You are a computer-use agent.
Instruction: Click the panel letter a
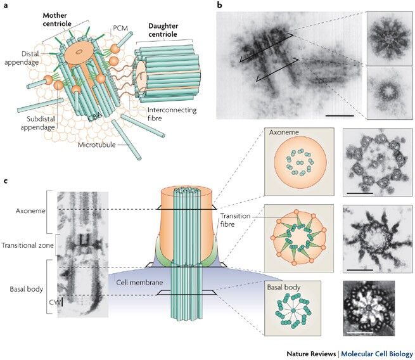pyautogui.click(x=6, y=7)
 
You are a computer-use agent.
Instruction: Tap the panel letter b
pyautogui.click(x=220, y=6)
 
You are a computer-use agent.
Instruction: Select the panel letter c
pyautogui.click(x=6, y=182)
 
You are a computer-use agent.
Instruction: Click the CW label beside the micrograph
pyautogui.click(x=53, y=302)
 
